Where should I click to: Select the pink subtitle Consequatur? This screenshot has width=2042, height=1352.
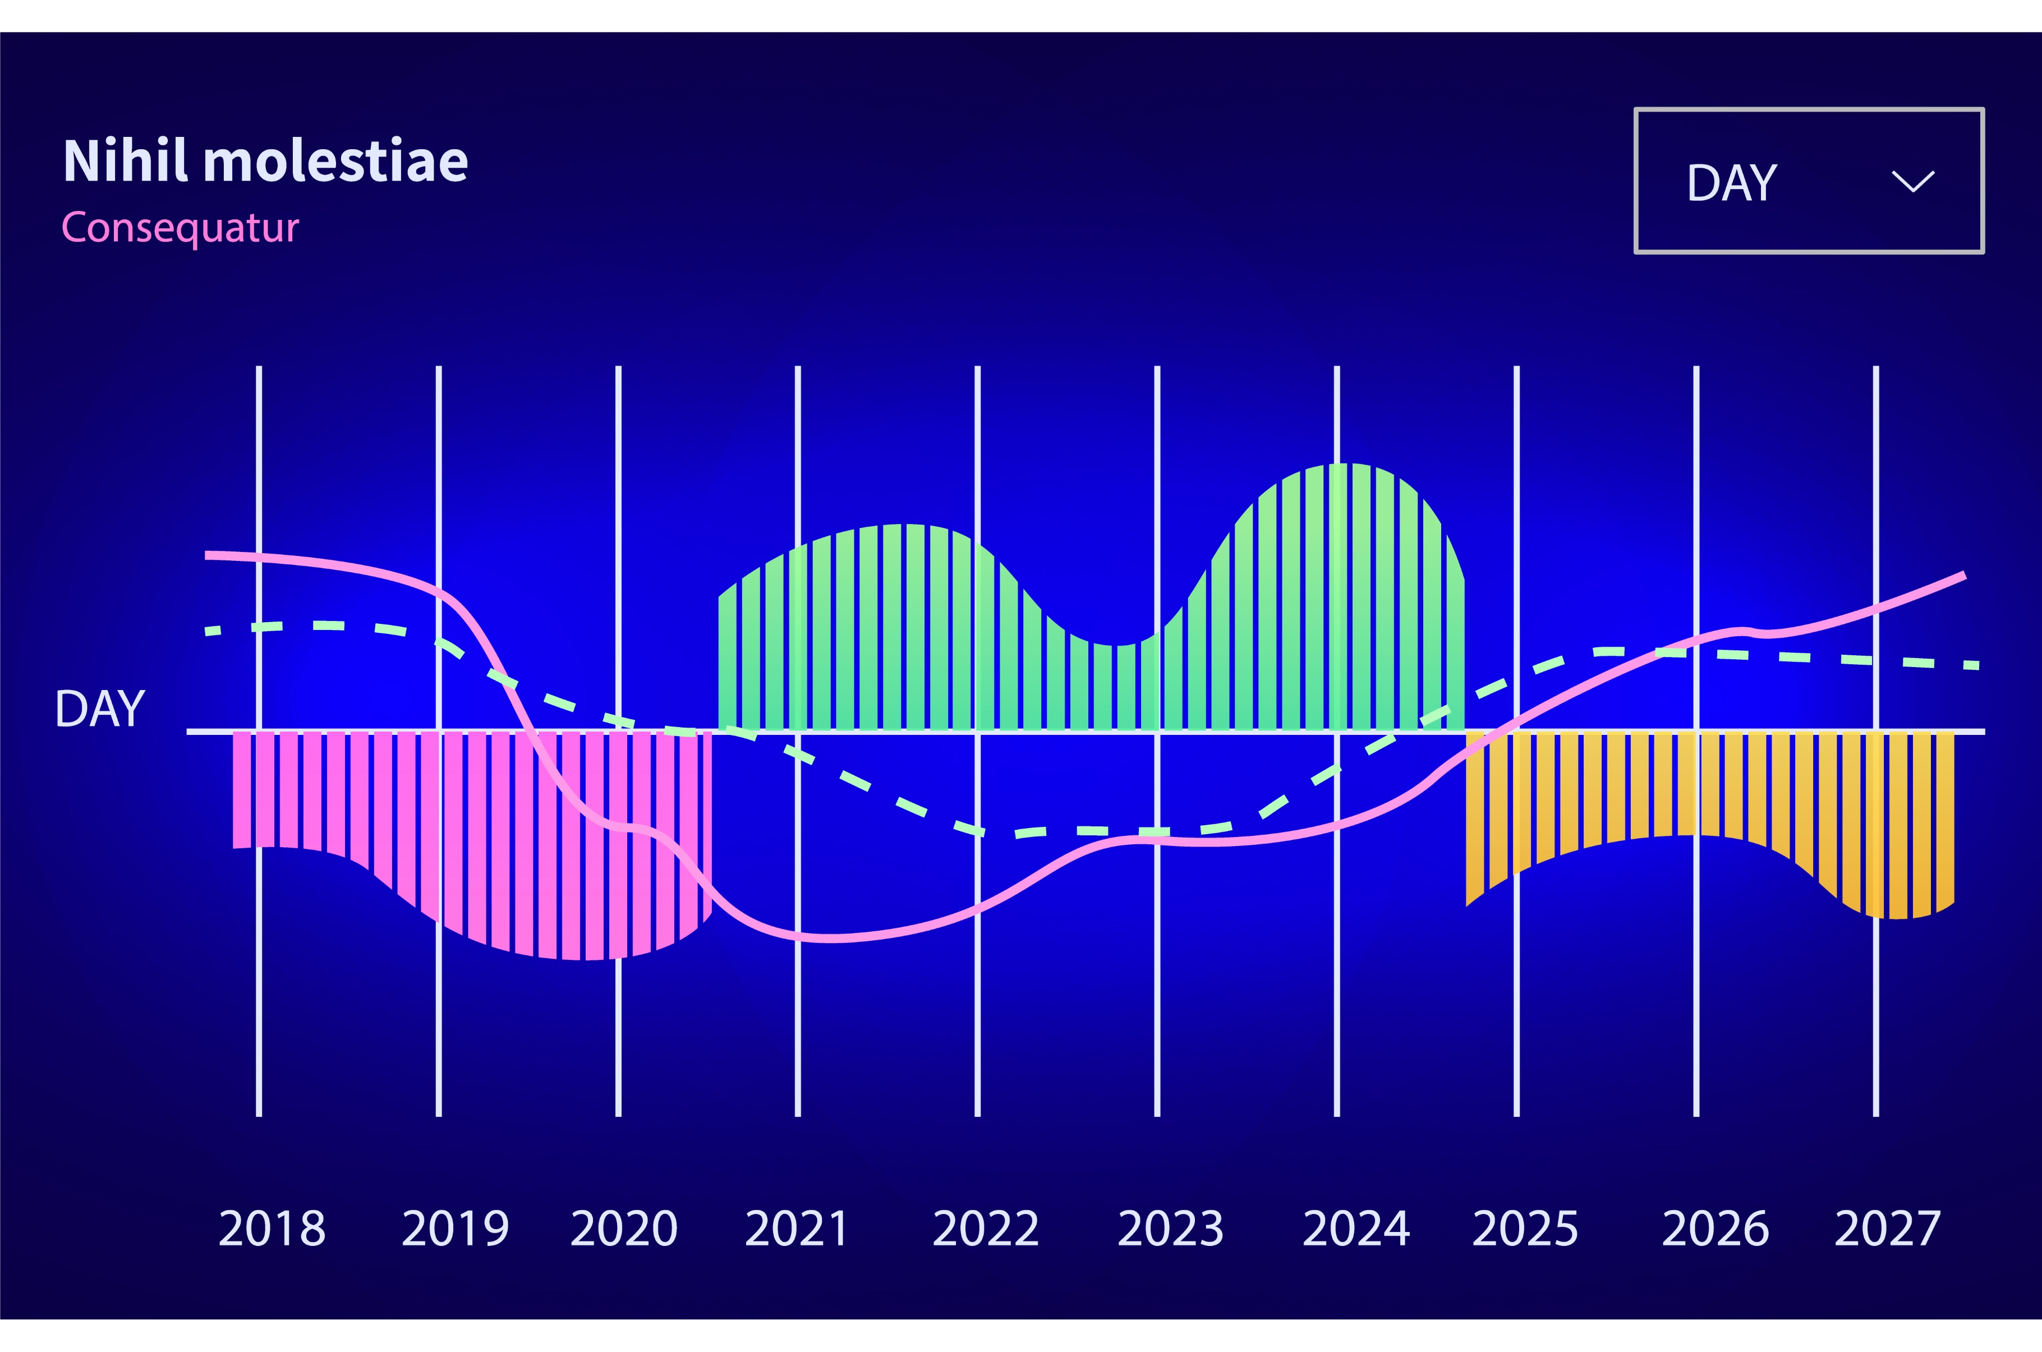[180, 228]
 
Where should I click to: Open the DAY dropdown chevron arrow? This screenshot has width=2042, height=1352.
[1913, 181]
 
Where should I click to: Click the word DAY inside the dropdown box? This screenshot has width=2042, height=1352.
[1732, 183]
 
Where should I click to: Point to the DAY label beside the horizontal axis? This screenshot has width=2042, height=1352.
[100, 709]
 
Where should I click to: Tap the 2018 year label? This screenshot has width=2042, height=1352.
[273, 1228]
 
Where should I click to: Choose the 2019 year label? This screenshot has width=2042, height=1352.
[455, 1228]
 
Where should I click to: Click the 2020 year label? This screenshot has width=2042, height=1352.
[624, 1228]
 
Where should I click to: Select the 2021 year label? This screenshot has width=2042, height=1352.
[797, 1228]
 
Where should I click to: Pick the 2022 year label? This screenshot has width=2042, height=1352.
[985, 1228]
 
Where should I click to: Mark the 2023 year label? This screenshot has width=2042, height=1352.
[1171, 1228]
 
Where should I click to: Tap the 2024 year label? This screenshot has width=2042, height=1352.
[1356, 1228]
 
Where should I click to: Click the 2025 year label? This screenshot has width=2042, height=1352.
[1525, 1228]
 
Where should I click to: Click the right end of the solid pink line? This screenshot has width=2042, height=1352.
[1963, 575]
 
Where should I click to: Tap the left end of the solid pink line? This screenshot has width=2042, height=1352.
[208, 555]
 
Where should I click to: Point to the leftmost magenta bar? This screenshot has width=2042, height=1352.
[241, 789]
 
